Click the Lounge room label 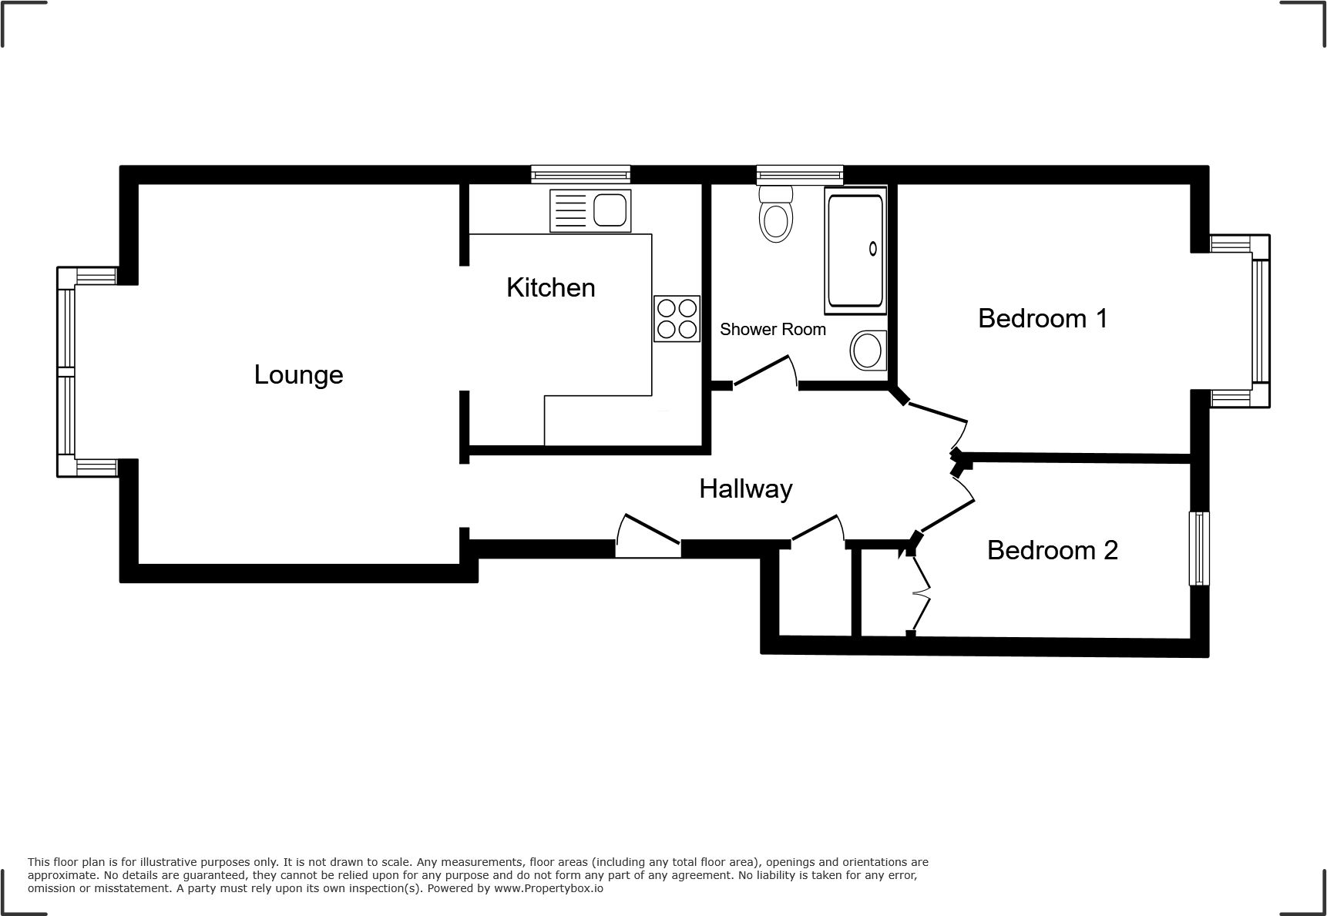pos(298,375)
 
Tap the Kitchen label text pos(550,288)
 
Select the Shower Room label pos(772,330)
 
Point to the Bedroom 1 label pos(1042,318)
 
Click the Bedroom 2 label pos(1052,550)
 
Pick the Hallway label pos(745,489)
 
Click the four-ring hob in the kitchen pos(677,319)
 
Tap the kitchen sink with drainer pos(590,210)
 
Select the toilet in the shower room pos(775,215)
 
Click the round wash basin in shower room pos(868,351)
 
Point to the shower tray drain pos(873,248)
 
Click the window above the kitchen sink pos(580,174)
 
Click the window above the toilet pos(799,174)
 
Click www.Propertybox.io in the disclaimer pos(549,888)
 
